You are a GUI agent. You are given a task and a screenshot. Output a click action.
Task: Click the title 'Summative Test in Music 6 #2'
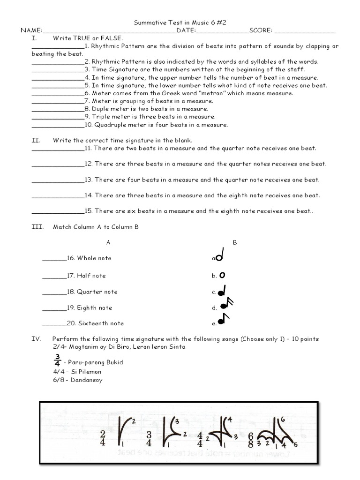pyautogui.click(x=180, y=22)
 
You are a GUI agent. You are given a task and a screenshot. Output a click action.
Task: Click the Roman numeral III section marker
pyautogui.click(x=37, y=227)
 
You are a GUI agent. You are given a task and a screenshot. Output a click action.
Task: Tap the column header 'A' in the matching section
pyautogui.click(x=108, y=242)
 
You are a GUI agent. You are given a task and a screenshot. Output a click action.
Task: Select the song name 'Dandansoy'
pyautogui.click(x=88, y=380)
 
